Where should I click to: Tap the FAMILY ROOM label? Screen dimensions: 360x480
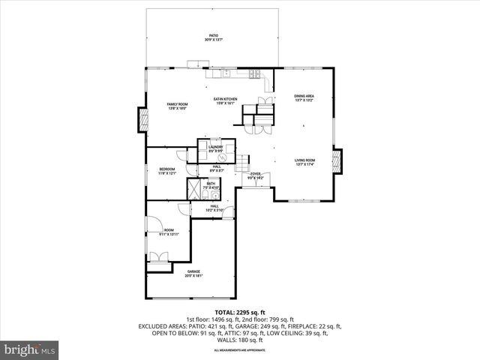click(177, 106)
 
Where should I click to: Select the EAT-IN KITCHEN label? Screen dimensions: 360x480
click(225, 101)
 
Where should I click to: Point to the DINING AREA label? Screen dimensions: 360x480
click(304, 97)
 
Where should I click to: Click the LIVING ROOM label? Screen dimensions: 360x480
click(304, 162)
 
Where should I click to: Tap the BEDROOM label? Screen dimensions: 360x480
click(167, 171)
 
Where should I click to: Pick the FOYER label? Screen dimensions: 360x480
click(256, 176)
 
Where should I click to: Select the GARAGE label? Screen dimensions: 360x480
click(193, 274)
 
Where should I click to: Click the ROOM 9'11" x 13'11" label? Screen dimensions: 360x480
click(169, 232)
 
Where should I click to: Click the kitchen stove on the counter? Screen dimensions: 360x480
click(255, 73)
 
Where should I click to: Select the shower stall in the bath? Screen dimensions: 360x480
click(193, 188)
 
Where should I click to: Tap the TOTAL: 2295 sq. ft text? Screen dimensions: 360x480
click(239, 312)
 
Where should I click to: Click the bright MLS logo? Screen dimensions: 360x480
click(30, 349)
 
